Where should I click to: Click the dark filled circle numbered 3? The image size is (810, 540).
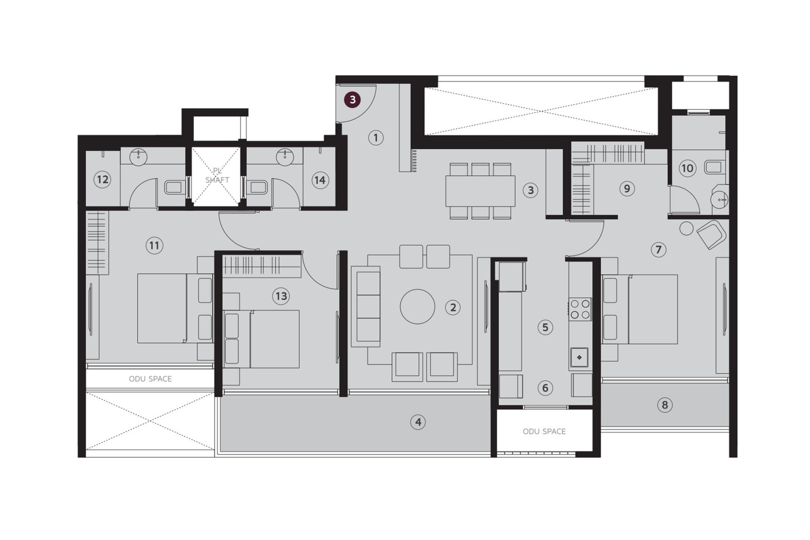(352, 100)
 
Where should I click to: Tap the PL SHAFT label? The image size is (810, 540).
(217, 176)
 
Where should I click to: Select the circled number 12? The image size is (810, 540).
(102, 179)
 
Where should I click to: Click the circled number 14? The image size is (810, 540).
(319, 180)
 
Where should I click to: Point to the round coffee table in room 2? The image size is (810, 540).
(417, 307)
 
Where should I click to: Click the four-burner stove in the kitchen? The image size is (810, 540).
(579, 309)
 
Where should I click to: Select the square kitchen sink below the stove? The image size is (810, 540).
(579, 357)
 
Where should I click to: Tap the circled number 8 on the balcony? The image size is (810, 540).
(664, 404)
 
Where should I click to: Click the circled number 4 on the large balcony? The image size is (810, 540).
(418, 422)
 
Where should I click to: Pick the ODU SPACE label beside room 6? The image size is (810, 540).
(544, 431)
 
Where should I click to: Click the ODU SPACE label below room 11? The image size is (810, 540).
(150, 379)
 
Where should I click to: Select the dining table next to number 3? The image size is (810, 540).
(480, 190)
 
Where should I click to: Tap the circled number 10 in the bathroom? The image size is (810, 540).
(687, 168)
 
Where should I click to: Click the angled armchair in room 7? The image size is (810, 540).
(711, 234)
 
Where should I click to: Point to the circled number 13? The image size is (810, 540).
(281, 296)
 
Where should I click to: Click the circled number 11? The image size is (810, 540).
(154, 246)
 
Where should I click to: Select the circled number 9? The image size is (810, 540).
(627, 189)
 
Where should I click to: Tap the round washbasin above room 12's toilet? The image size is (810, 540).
(138, 157)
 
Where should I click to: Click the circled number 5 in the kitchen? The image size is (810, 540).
(545, 327)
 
